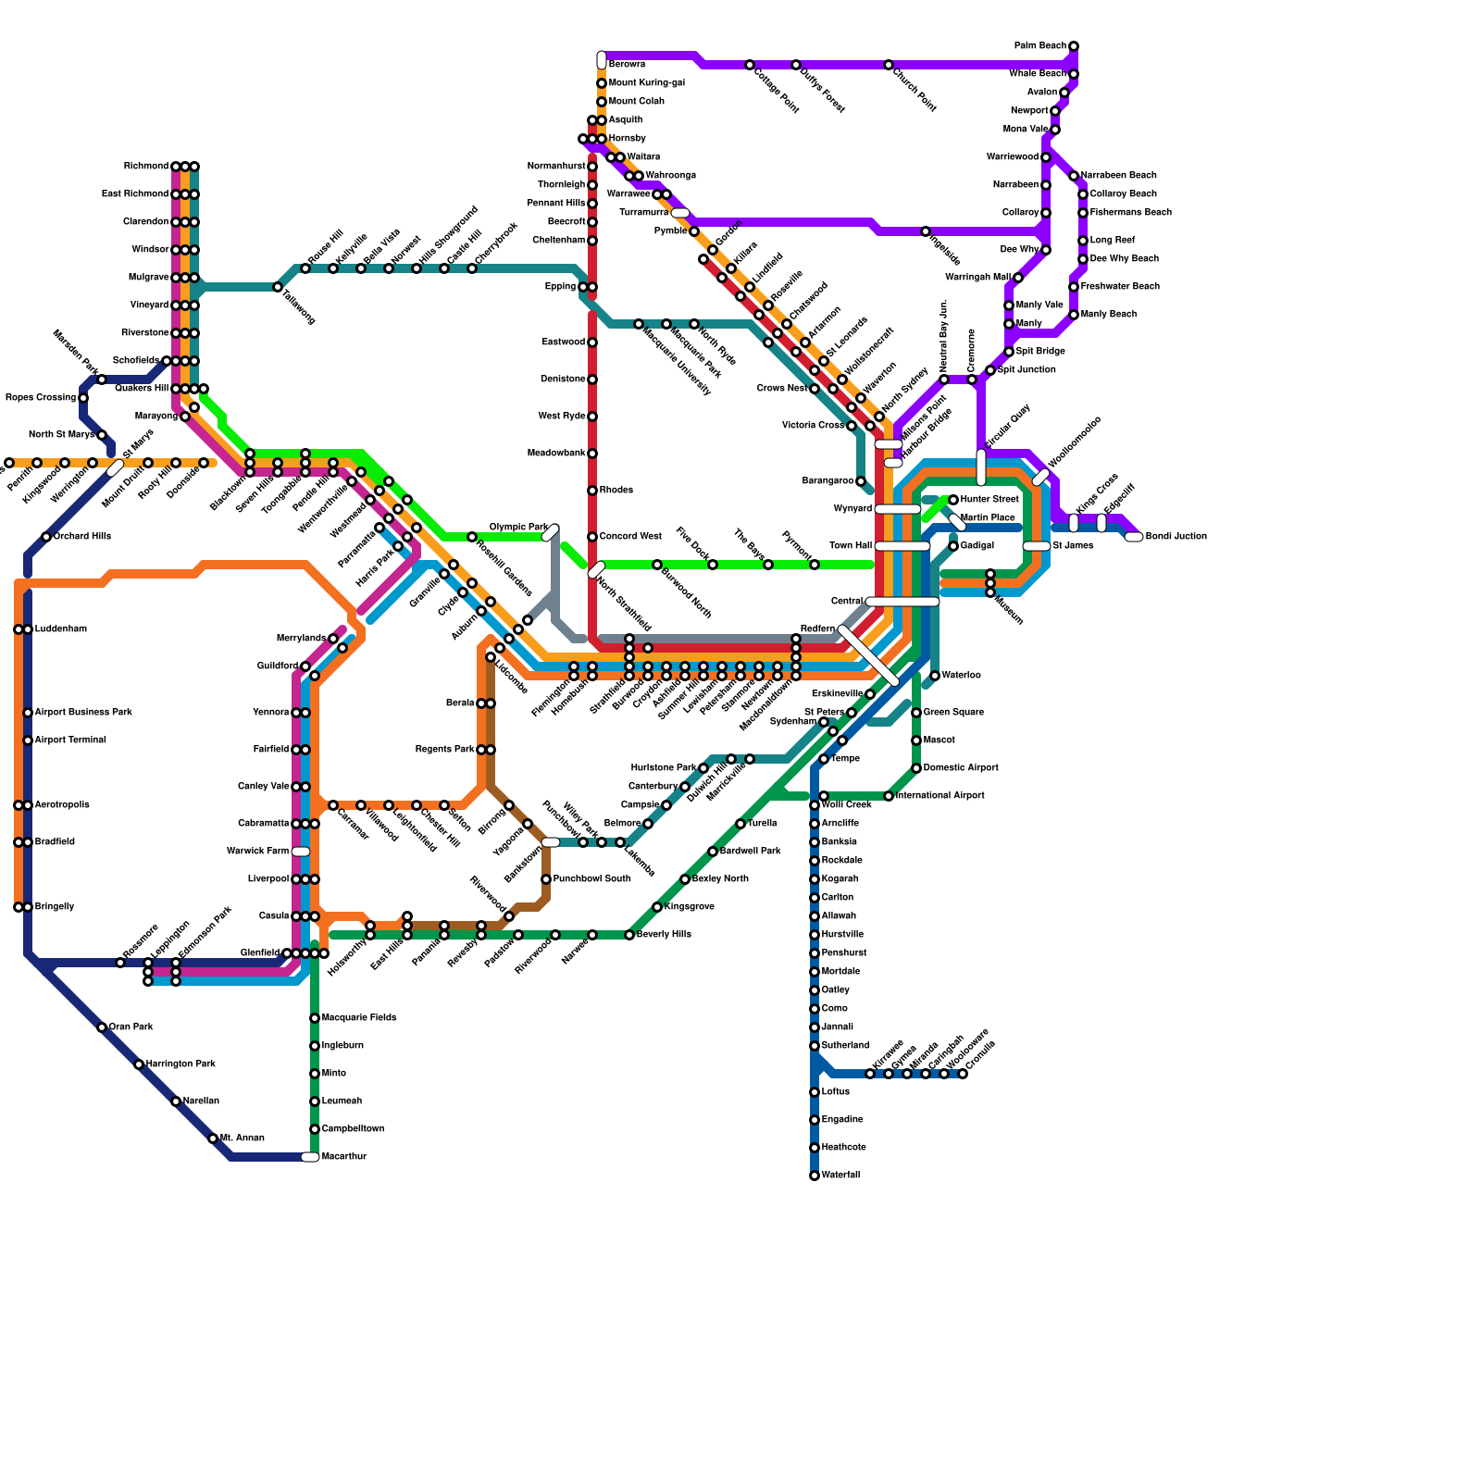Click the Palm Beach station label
pyautogui.click(x=1040, y=45)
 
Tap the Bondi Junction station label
pyautogui.click(x=1176, y=537)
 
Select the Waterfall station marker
pyautogui.click(x=815, y=1176)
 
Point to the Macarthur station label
pyautogui.click(x=343, y=1157)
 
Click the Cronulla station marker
pyautogui.click(x=963, y=1074)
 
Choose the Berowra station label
pyautogui.click(x=627, y=65)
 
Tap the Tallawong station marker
pyautogui.click(x=278, y=287)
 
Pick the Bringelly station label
pyautogui.click(x=54, y=907)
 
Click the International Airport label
pyautogui.click(x=940, y=796)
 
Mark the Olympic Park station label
pyautogui.click(x=518, y=528)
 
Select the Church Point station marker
pyautogui.click(x=889, y=65)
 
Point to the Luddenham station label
pyautogui.click(x=61, y=629)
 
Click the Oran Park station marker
pyautogui.click(x=102, y=1027)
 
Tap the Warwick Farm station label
pyautogui.click(x=258, y=852)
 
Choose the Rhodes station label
pyautogui.click(x=616, y=491)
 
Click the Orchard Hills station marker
pyautogui.click(x=46, y=537)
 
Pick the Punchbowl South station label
pyautogui.click(x=591, y=879)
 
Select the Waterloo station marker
pyautogui.click(x=935, y=676)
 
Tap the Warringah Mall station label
pyautogui.click(x=977, y=278)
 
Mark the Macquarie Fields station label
pyautogui.click(x=358, y=1018)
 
